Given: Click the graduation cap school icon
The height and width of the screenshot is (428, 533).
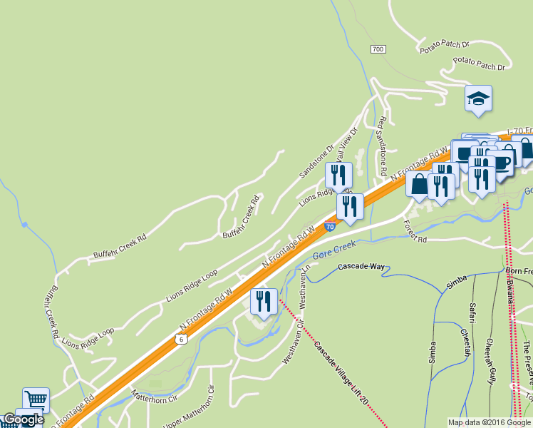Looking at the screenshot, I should click(x=478, y=99).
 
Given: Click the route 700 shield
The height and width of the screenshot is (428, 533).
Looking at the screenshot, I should click(x=378, y=49).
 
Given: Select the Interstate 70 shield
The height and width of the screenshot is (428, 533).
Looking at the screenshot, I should click(x=330, y=226).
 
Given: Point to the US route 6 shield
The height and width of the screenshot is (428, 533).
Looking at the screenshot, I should click(x=182, y=339).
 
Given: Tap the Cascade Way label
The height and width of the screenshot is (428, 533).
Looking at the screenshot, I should click(x=361, y=267).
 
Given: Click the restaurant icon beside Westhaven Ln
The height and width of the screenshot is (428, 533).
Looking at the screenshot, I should click(x=263, y=302).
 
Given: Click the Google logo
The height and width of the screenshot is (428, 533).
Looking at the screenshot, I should click(x=23, y=419).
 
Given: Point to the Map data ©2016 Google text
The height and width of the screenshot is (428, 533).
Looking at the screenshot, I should click(x=490, y=422).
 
